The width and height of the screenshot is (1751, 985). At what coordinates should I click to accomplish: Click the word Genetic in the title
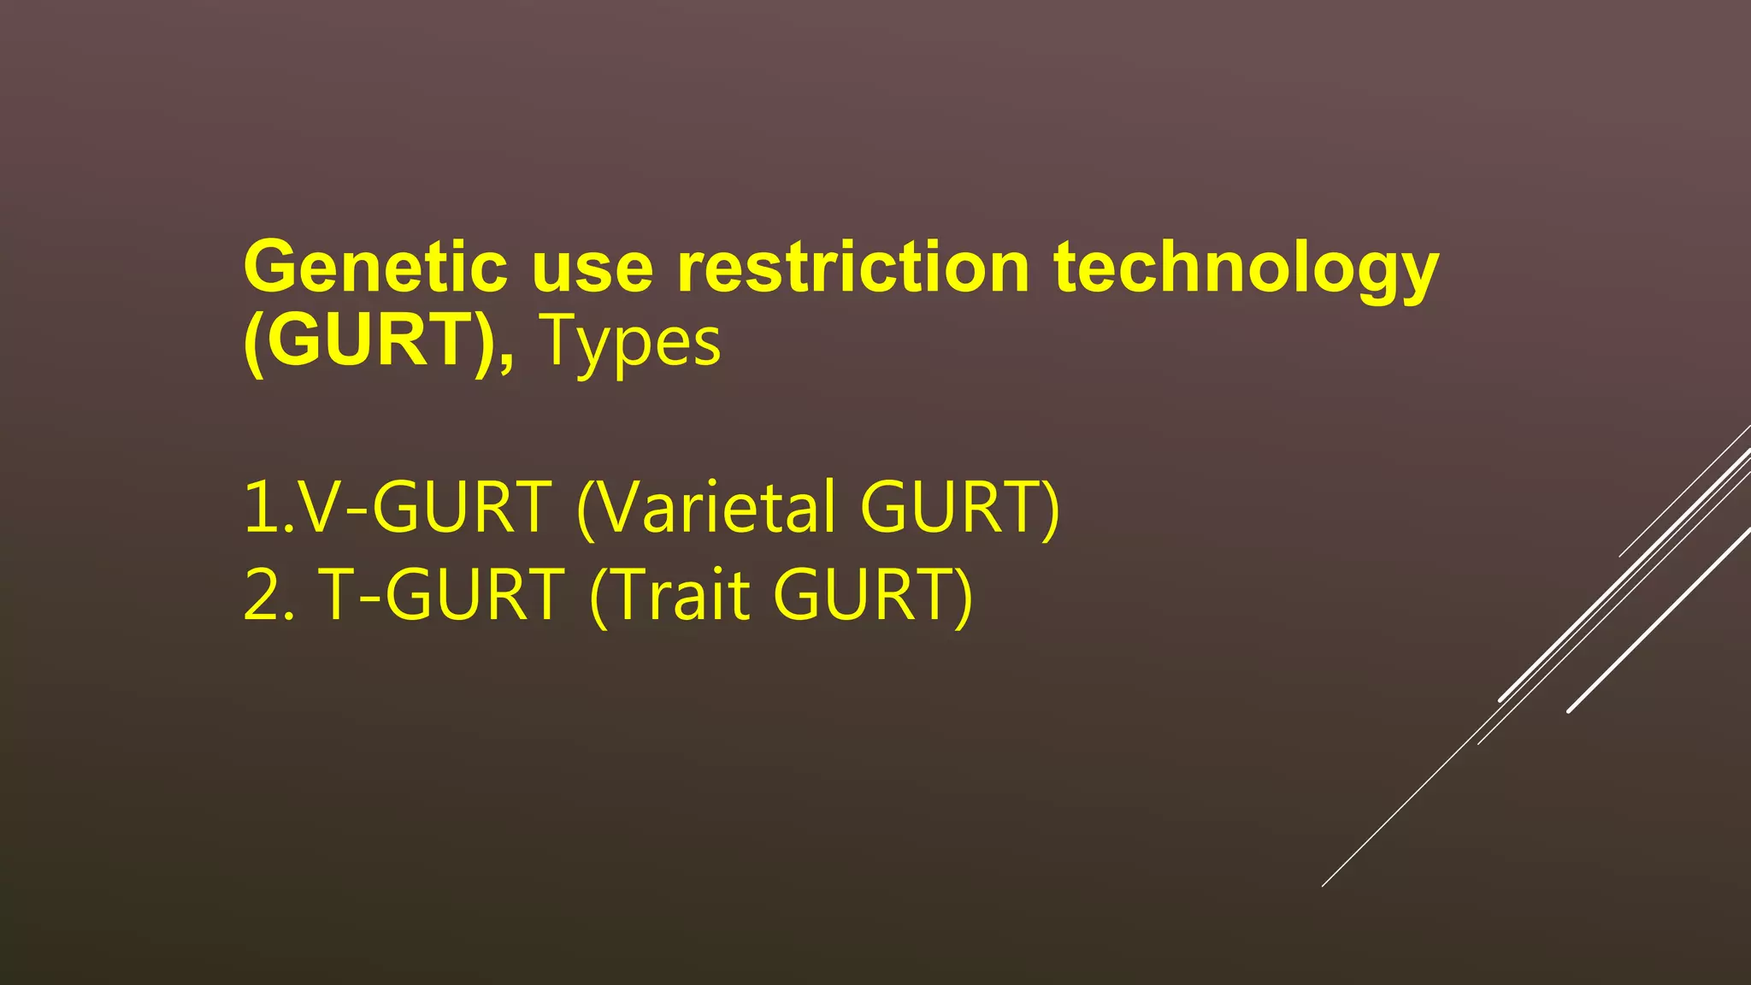[375, 268]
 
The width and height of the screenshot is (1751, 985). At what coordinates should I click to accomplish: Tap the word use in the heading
[593, 268]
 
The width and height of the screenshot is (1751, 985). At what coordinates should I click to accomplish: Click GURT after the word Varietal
[949, 508]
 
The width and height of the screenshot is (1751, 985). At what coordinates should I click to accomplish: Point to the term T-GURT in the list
[441, 595]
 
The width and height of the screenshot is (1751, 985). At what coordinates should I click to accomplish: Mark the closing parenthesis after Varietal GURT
[1051, 511]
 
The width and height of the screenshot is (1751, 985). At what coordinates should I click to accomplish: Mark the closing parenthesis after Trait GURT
[964, 599]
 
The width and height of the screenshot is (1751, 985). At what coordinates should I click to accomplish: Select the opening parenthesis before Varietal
[586, 511]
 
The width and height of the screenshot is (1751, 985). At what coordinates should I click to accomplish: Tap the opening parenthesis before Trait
[598, 599]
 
